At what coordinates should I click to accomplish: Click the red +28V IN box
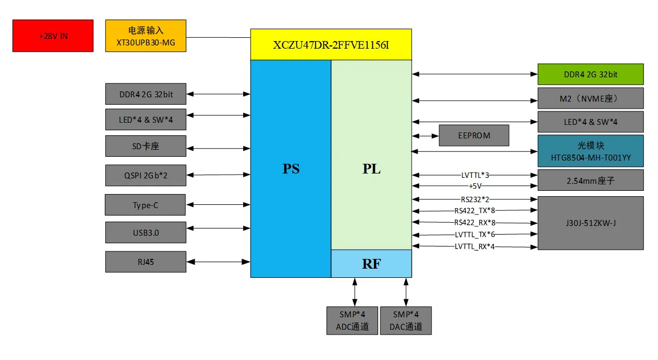coord(53,36)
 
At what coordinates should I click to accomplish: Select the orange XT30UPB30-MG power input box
coord(146,36)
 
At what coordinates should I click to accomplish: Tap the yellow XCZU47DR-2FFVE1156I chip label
coord(331,45)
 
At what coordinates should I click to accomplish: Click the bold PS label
coord(291,169)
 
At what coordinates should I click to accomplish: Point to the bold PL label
coord(371,169)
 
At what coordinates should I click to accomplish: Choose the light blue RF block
coord(371,264)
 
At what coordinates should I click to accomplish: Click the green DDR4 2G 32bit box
coord(590,75)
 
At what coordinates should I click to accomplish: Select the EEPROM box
coord(474,136)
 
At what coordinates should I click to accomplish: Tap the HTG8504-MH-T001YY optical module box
coord(590,151)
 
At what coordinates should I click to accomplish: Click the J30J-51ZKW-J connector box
coord(590,223)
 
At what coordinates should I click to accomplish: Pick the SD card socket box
coord(146,146)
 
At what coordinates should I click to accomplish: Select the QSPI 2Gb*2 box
coord(146,175)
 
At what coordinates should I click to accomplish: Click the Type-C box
coord(146,205)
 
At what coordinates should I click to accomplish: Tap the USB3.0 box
coord(146,232)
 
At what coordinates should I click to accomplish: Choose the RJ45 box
coord(146,262)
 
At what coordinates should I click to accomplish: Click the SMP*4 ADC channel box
coord(352,321)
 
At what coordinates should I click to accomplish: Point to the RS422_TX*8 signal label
coord(475,211)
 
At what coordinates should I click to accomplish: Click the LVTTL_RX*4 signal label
coord(475,246)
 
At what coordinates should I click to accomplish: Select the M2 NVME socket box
coord(590,98)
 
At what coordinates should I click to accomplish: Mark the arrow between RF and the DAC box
coord(406,292)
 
